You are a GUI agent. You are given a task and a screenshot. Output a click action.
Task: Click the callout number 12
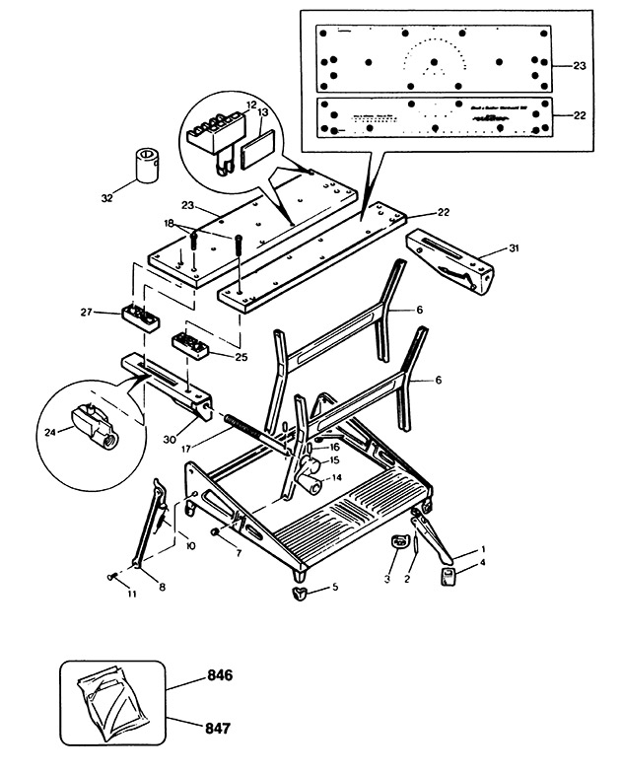(251, 104)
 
